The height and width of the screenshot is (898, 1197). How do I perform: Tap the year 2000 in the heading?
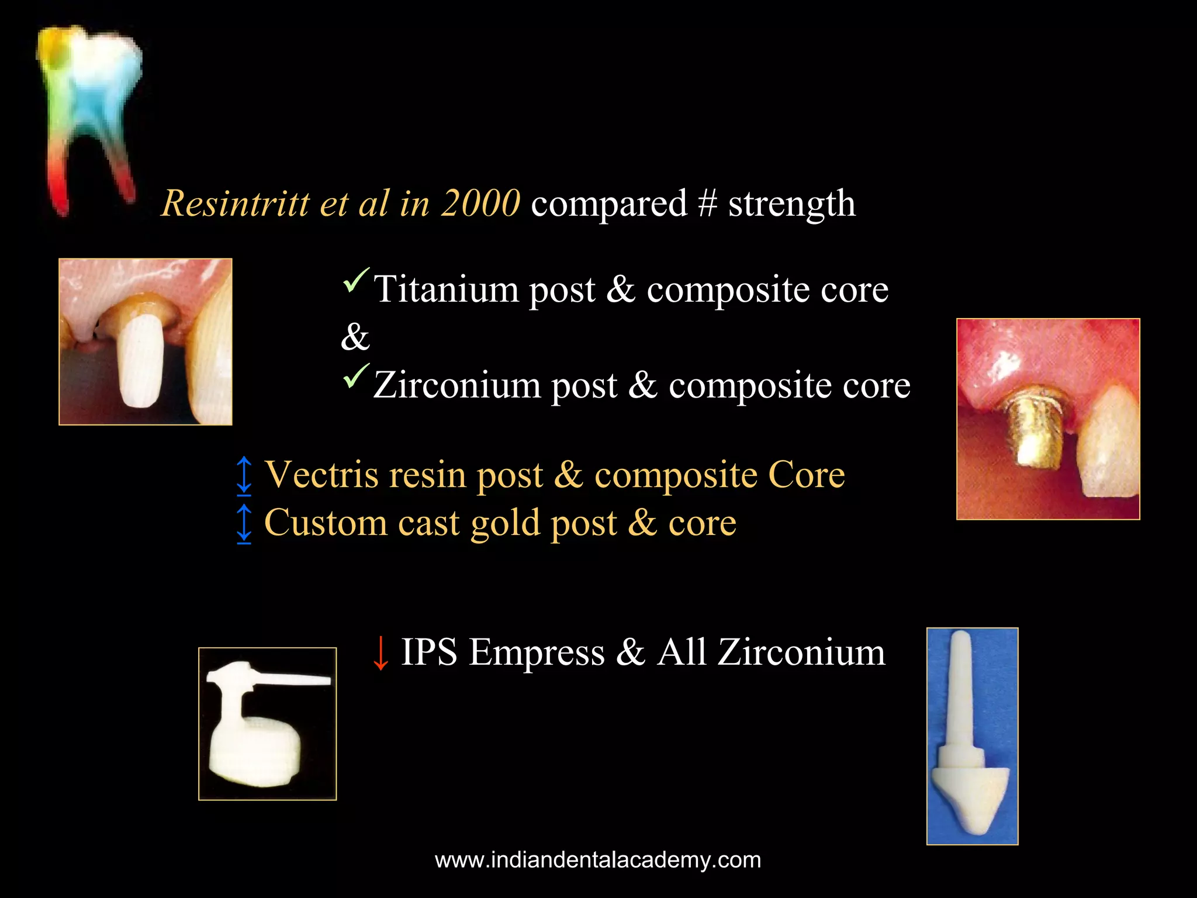pyautogui.click(x=480, y=204)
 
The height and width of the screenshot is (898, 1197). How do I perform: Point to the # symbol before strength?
pyautogui.click(x=707, y=204)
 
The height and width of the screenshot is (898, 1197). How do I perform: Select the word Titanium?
pyautogui.click(x=447, y=289)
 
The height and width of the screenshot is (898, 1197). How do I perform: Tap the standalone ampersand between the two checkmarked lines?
pyautogui.click(x=355, y=337)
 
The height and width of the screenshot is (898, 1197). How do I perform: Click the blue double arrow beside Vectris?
pyautogui.click(x=244, y=475)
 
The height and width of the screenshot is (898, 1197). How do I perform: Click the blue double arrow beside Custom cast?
pyautogui.click(x=244, y=523)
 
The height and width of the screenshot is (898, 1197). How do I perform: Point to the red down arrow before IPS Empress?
pyautogui.click(x=380, y=653)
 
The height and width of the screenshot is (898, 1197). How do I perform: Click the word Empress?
pyautogui.click(x=537, y=652)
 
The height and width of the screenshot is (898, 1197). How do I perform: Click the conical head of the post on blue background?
pyautogui.click(x=970, y=795)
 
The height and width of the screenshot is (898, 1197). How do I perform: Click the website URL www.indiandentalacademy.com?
pyautogui.click(x=598, y=860)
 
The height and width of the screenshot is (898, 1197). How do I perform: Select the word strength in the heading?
pyautogui.click(x=791, y=204)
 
